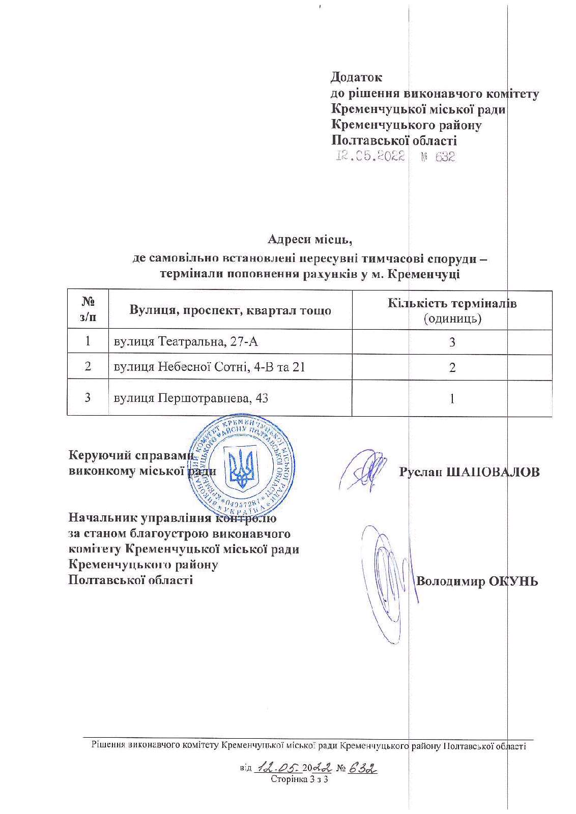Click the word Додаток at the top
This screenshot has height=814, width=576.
click(x=356, y=77)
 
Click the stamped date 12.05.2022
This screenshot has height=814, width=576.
click(x=370, y=157)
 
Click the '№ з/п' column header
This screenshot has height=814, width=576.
click(x=88, y=309)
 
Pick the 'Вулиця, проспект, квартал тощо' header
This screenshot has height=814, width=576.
click(x=231, y=310)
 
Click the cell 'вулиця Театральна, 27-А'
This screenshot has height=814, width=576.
click(x=186, y=341)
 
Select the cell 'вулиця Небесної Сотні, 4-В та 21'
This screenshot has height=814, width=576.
click(x=210, y=367)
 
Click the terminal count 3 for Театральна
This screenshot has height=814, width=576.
click(x=452, y=342)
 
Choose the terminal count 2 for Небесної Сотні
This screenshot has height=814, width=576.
click(x=452, y=367)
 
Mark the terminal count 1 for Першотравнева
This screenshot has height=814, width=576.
click(x=452, y=398)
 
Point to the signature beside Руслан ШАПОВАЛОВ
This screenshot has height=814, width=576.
click(x=363, y=470)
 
